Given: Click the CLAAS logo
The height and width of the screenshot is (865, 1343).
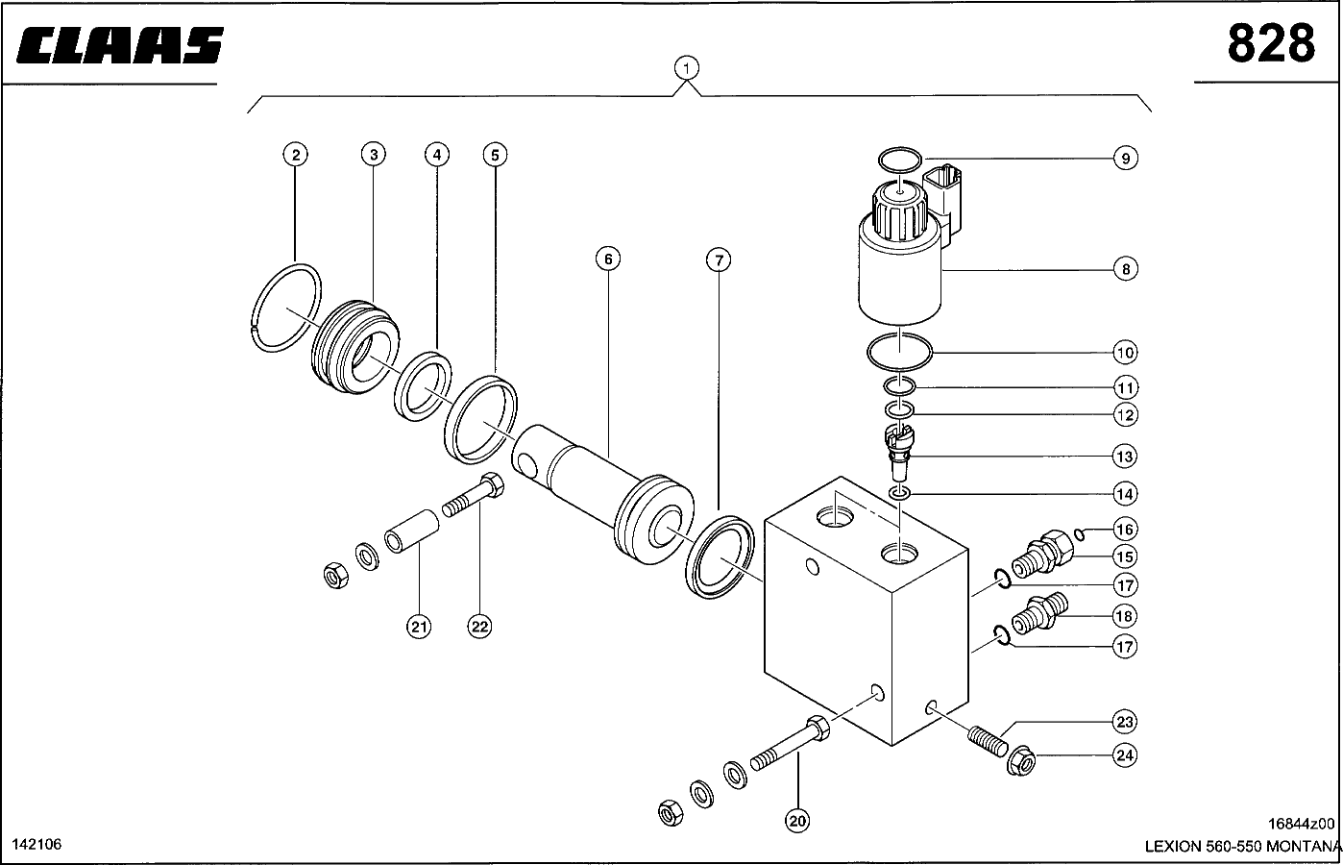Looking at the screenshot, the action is pos(120,45).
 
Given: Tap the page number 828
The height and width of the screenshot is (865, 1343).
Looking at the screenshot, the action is pos(1271,43).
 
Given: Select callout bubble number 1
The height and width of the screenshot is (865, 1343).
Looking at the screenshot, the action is pos(687,68).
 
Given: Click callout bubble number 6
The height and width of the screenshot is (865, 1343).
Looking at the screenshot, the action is pos(608,259).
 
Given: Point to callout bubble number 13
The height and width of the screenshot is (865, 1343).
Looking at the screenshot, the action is pos(1125,457).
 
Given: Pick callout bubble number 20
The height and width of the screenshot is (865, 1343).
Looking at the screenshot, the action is pos(797,821).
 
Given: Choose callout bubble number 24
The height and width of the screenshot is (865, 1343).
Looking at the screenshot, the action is pos(1125,755).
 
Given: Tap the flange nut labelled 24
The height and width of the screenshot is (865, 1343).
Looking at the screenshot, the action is pos(1021,760).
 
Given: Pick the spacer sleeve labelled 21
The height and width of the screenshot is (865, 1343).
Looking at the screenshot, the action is pos(411,531).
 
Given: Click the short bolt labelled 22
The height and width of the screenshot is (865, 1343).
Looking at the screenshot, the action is pos(474,494).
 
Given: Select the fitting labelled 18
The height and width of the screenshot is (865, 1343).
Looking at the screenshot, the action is pos(1039,613).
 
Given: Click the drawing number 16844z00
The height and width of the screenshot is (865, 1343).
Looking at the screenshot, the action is pos(1301,824).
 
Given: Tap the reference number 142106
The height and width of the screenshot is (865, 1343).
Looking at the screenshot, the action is pos(37,845).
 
